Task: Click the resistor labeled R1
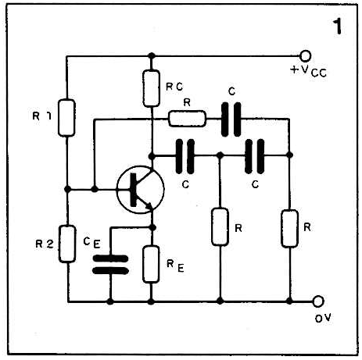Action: click(x=66, y=118)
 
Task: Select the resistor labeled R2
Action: click(x=67, y=244)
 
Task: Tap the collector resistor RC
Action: click(x=152, y=88)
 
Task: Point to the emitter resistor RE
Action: click(x=151, y=264)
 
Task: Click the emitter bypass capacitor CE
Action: click(x=110, y=265)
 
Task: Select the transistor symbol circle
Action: click(x=141, y=190)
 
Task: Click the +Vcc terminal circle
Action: click(x=305, y=55)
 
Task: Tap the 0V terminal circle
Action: click(x=318, y=301)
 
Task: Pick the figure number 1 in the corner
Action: click(x=338, y=27)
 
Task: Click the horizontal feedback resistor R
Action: click(x=187, y=119)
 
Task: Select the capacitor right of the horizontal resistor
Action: click(x=231, y=119)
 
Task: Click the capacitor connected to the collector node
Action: click(x=185, y=156)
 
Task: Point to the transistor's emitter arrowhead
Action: click(x=149, y=206)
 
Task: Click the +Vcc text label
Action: click(x=308, y=71)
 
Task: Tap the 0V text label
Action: click(x=323, y=318)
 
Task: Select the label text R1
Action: click(x=41, y=116)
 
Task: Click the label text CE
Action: click(x=91, y=243)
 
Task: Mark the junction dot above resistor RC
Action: click(x=152, y=55)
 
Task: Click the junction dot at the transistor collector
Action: click(x=152, y=156)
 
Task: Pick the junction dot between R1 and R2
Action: click(x=67, y=189)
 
